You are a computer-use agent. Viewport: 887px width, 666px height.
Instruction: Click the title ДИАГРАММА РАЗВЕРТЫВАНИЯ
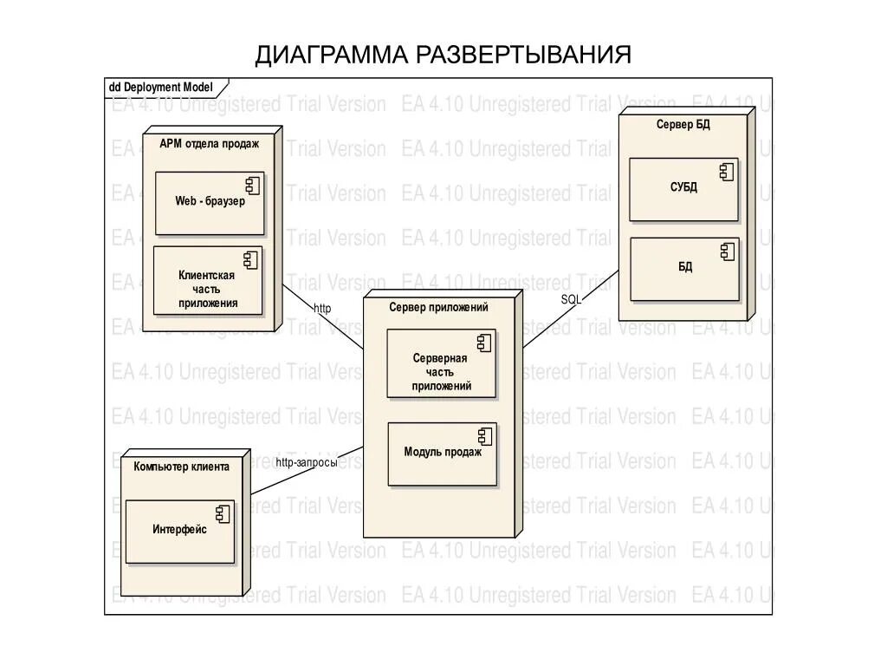click(443, 55)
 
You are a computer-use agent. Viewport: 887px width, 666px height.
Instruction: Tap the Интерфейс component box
click(180, 531)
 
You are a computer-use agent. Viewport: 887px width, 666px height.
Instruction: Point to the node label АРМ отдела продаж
click(209, 144)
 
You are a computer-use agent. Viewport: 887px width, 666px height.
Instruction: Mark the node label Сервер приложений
click(438, 307)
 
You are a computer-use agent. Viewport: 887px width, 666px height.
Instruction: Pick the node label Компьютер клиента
click(182, 467)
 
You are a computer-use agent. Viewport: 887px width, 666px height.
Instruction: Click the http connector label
click(322, 308)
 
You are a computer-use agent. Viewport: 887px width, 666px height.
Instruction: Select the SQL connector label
click(571, 299)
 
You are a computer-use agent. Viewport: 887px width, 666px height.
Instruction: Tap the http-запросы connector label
click(306, 462)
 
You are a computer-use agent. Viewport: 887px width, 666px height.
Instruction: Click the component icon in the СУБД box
click(726, 172)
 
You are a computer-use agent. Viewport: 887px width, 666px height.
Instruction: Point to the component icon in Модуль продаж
click(485, 435)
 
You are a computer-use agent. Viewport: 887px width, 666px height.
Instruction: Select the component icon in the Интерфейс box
click(223, 513)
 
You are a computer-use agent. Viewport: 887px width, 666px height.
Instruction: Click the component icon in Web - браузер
click(253, 185)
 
